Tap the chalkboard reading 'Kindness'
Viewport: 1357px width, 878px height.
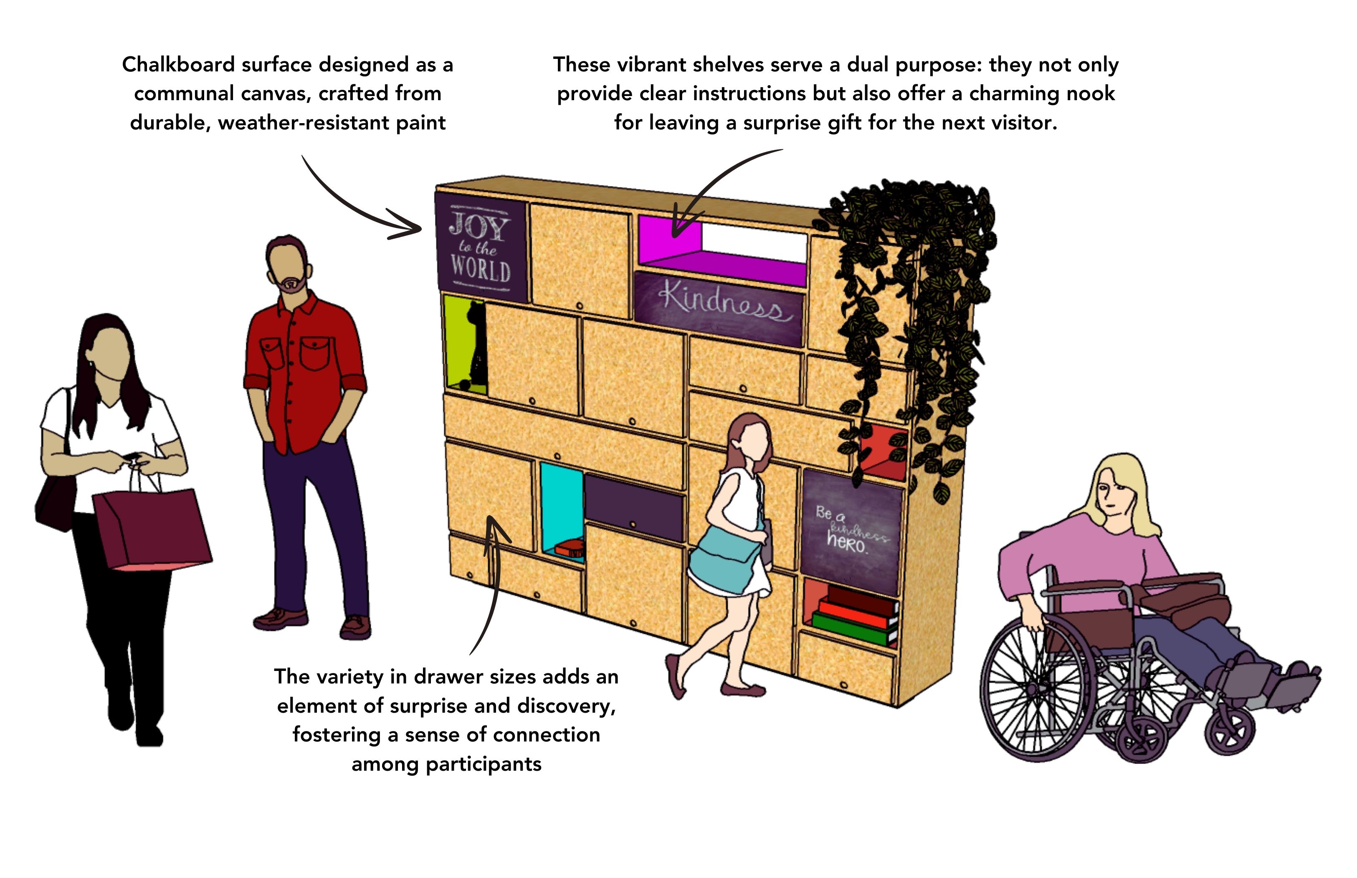[x=719, y=308]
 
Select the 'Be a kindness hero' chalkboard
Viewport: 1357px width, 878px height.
[x=852, y=532]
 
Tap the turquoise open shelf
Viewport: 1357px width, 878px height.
[x=562, y=513]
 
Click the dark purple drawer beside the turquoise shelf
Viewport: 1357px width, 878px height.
[x=633, y=507]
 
